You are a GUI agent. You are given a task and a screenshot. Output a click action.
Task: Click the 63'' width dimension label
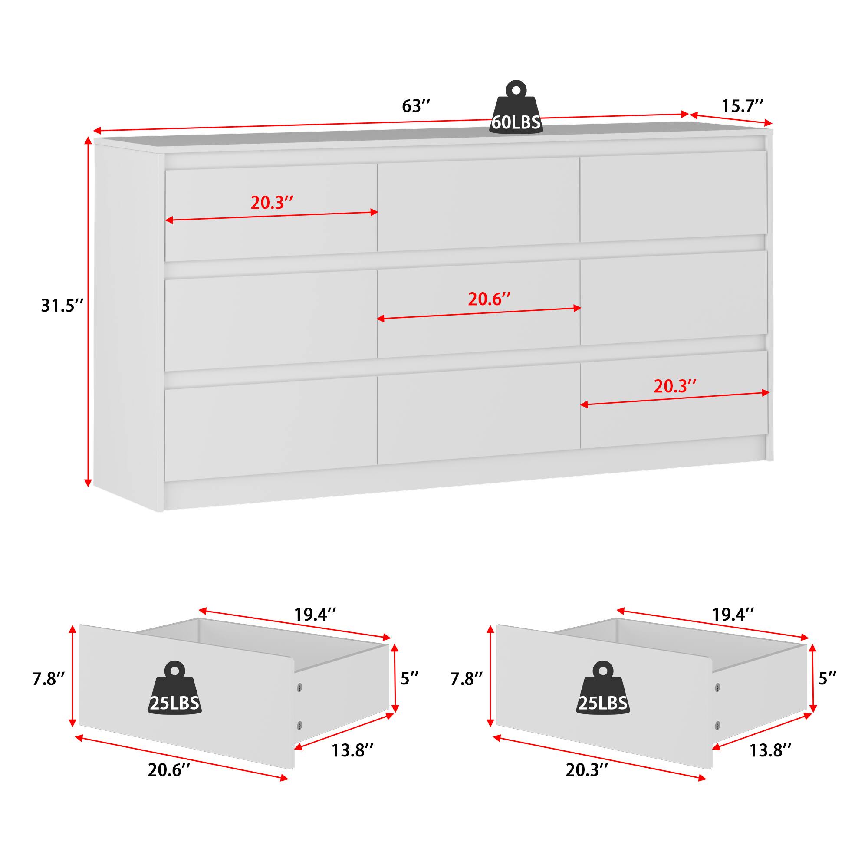pyautogui.click(x=416, y=106)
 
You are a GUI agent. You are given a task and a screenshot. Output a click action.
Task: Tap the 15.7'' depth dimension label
pyautogui.click(x=742, y=106)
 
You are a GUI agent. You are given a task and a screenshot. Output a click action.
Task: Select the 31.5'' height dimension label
pyautogui.click(x=62, y=306)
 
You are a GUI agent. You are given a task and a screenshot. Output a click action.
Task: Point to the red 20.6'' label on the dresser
pyautogui.click(x=489, y=299)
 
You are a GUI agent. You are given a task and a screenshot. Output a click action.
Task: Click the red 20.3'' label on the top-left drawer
pyautogui.click(x=272, y=203)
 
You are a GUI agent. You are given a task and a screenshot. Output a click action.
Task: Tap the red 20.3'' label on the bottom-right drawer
pyautogui.click(x=675, y=386)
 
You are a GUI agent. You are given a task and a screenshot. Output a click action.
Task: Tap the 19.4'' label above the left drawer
pyautogui.click(x=315, y=614)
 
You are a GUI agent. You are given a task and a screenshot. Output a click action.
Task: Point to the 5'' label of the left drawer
pyautogui.click(x=409, y=678)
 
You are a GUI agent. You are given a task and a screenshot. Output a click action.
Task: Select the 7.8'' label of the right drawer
pyautogui.click(x=467, y=679)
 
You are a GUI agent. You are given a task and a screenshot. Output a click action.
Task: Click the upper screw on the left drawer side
pyautogui.click(x=299, y=687)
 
